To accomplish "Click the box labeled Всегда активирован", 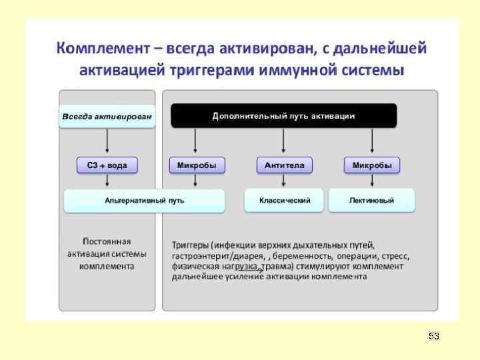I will coord(107,116).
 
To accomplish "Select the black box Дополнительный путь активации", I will coord(283,116).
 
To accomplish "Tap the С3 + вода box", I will coord(107,165).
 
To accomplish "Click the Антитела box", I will coord(284,165).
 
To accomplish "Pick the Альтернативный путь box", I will coord(144,200).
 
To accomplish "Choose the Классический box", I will coord(284,200).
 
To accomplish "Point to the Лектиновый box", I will coord(371,200).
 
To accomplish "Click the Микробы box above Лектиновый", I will coord(371,165).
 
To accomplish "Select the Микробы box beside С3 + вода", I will coord(197,165).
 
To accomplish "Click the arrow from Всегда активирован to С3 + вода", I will coord(107,141).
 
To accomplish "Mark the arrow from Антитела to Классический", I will coord(284,181).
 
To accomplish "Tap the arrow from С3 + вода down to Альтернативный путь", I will coord(107,181).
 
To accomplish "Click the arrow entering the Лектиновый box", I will coord(371,181).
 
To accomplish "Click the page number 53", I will coord(434,335).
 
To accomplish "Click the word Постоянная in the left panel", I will coord(107,241).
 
